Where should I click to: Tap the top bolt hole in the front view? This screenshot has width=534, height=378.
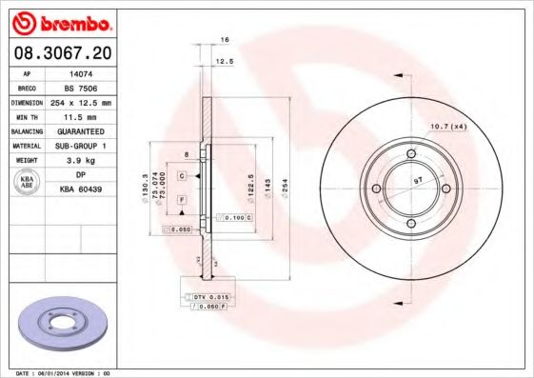click(410, 153)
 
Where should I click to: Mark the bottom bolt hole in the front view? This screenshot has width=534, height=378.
click(410, 225)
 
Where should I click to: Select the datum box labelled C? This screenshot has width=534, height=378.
click(180, 163)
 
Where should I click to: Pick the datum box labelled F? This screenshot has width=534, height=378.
click(180, 198)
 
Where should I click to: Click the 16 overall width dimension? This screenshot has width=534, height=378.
click(225, 41)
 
